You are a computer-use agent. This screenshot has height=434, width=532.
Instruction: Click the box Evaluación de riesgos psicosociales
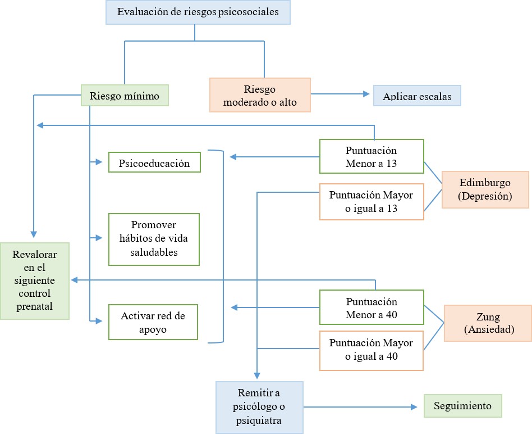tap(198, 12)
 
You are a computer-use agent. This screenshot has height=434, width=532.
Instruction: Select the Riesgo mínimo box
tap(125, 96)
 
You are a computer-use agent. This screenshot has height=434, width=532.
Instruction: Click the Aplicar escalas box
tap(416, 96)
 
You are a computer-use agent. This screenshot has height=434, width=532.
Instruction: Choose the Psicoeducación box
tap(154, 163)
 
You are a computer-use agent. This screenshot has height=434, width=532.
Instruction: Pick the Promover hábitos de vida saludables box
tap(154, 238)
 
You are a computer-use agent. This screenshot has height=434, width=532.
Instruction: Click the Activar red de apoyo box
tap(153, 322)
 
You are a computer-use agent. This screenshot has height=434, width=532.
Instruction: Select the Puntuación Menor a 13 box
tap(371, 157)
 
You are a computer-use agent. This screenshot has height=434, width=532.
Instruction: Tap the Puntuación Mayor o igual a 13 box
tap(371, 202)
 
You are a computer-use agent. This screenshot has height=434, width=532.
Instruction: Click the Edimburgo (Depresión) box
tap(485, 189)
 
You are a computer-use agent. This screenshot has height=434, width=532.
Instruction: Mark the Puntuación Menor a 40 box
tap(371, 308)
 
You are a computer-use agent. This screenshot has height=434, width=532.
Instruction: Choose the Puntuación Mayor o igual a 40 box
tap(371, 350)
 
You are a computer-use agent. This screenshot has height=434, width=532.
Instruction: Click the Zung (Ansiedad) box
tap(488, 323)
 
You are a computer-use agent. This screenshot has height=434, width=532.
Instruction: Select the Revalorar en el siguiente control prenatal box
tap(35, 281)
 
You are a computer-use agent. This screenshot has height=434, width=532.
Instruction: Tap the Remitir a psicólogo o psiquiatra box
tap(259, 407)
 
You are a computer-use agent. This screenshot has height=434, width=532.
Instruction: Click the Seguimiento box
tap(462, 406)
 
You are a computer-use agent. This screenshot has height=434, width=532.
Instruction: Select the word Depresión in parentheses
tap(486, 196)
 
